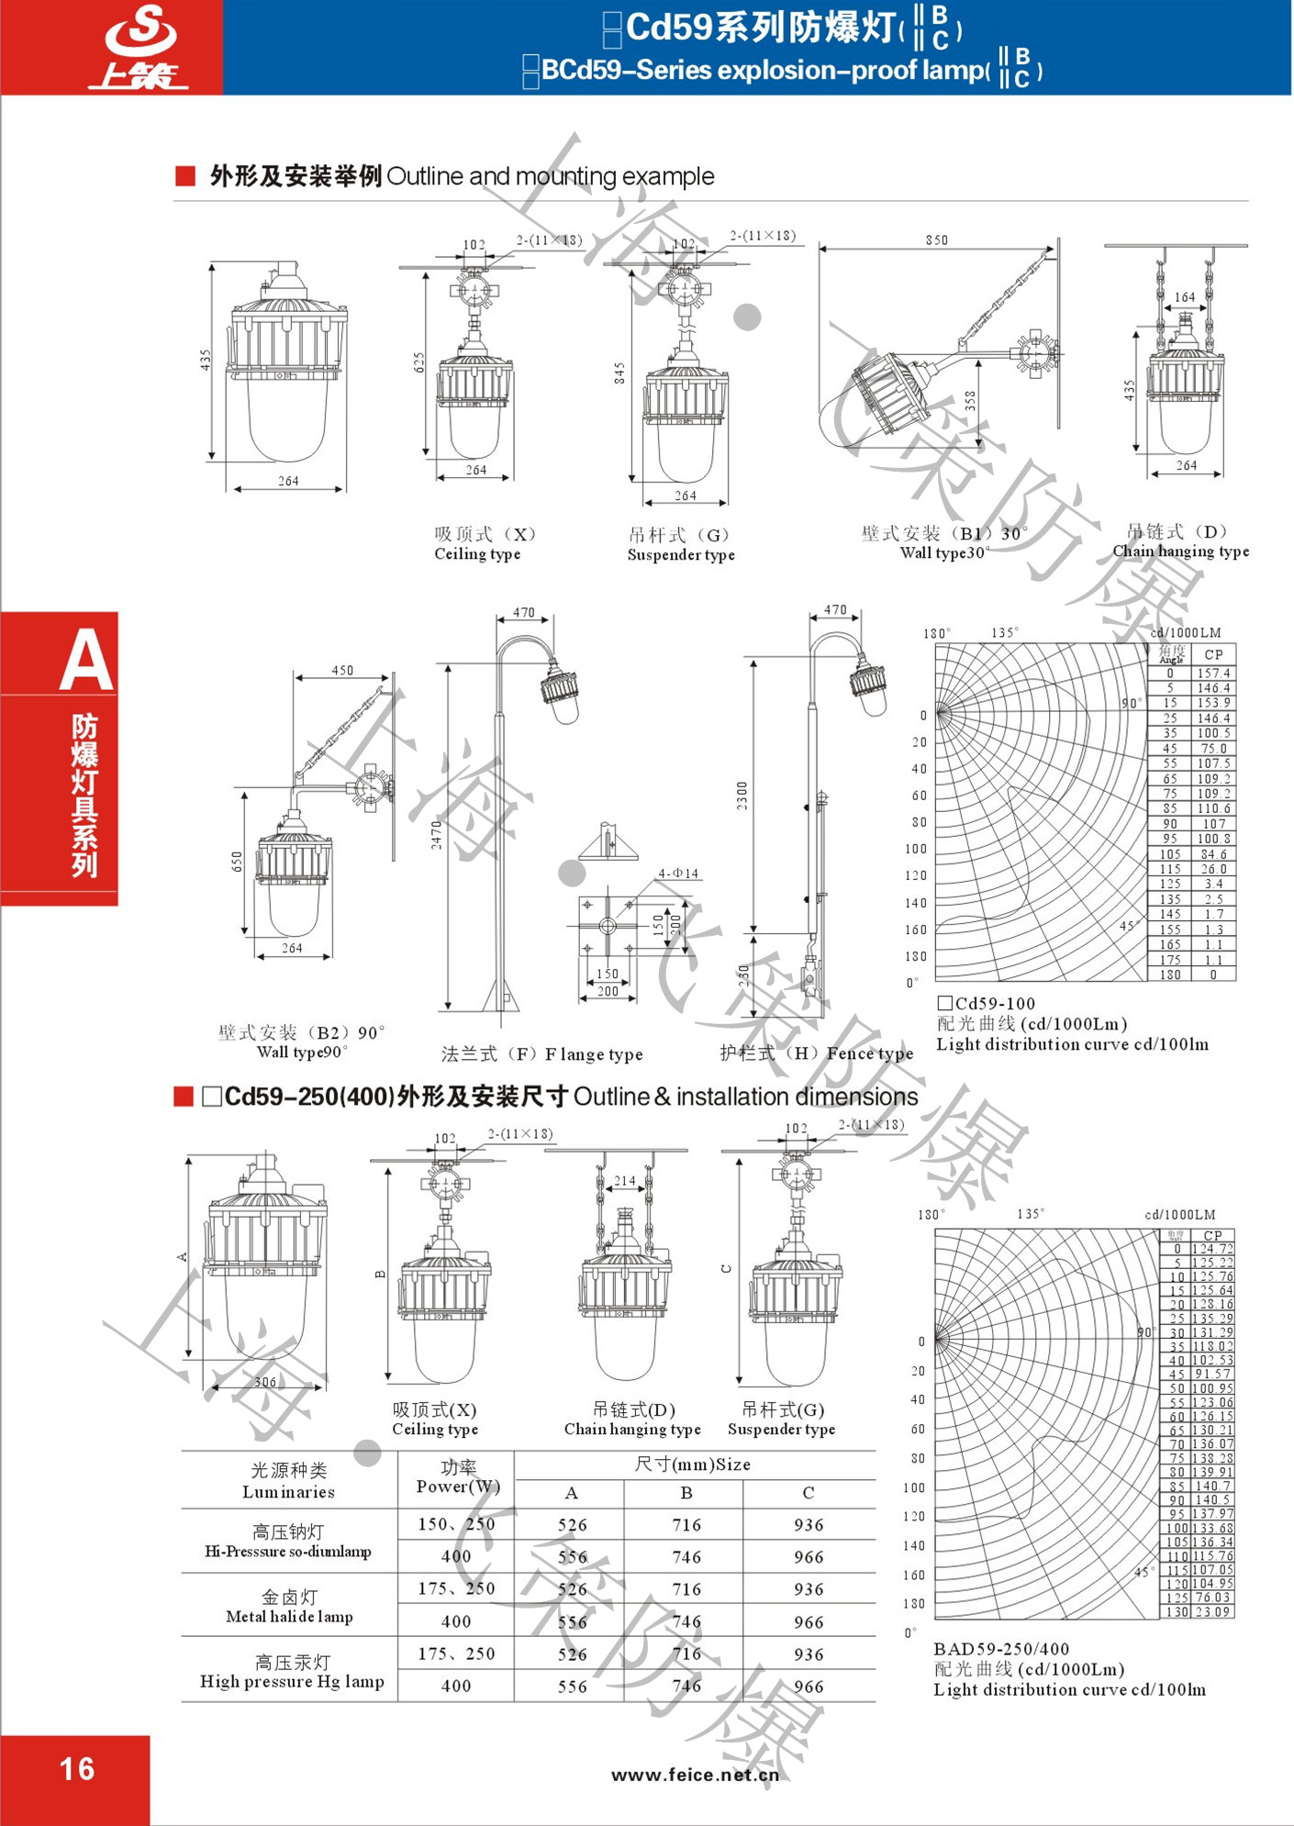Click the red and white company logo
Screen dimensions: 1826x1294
(139, 48)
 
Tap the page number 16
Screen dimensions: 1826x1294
(77, 1768)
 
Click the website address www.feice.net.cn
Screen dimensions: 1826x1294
(695, 1774)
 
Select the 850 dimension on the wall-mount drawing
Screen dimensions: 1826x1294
(936, 240)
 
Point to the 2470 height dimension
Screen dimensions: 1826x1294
(437, 834)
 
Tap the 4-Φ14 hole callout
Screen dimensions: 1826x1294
(678, 873)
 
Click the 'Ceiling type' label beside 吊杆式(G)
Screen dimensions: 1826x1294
(477, 554)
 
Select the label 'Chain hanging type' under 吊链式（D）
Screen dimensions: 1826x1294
(1180, 551)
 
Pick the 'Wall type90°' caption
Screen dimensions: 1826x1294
(302, 1052)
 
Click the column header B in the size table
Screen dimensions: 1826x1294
(686, 1493)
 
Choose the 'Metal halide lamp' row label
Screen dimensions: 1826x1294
(289, 1617)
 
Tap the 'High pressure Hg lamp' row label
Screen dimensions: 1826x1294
(292, 1682)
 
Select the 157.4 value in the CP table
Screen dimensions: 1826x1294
(1212, 673)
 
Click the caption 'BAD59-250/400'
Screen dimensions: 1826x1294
(1001, 1649)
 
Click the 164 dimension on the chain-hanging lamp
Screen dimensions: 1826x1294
(1185, 297)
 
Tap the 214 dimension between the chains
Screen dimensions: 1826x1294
(624, 1181)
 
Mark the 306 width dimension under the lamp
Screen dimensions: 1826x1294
(265, 1382)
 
